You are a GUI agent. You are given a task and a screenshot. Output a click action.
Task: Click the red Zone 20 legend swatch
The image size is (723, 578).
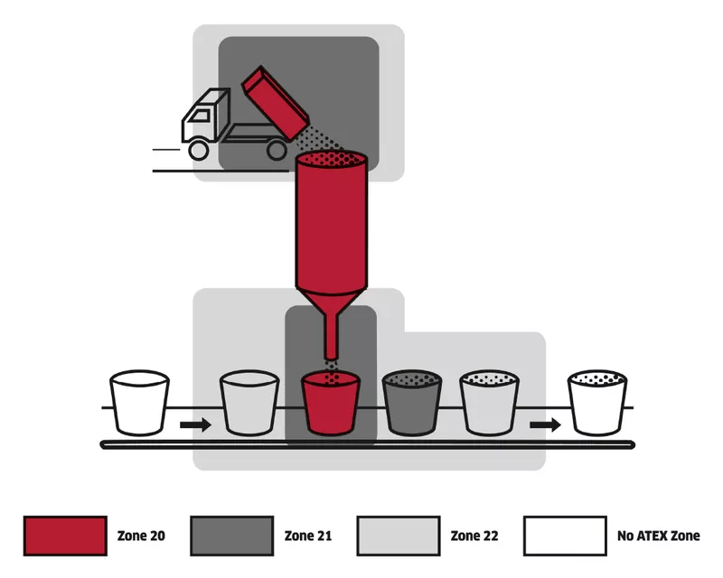(65, 536)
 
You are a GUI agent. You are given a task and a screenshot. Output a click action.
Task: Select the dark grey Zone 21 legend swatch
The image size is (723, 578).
(232, 536)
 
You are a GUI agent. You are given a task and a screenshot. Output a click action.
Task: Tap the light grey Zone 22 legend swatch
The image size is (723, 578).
(399, 536)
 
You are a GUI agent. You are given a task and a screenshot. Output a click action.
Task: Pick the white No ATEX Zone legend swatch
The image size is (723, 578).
(566, 536)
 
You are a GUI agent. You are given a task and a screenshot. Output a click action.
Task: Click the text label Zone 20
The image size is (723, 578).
(141, 536)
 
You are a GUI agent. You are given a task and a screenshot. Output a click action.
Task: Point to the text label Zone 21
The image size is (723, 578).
(308, 536)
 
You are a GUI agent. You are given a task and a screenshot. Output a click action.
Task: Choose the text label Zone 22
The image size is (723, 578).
(474, 536)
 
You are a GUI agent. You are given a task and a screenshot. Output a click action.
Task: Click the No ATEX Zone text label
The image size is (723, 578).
(659, 536)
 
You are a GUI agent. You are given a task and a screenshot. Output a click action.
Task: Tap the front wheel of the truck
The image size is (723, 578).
(199, 150)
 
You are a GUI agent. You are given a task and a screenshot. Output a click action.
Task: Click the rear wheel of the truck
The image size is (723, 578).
(277, 150)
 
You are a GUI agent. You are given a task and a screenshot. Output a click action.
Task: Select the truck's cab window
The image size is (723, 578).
(200, 116)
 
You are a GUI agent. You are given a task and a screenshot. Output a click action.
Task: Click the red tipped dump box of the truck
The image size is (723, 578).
(276, 103)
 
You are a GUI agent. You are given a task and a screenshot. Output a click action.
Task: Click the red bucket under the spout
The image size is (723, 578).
(330, 403)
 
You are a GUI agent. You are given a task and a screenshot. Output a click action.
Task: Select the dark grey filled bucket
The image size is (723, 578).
(412, 403)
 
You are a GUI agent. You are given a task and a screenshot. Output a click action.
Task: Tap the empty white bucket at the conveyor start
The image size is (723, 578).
(140, 403)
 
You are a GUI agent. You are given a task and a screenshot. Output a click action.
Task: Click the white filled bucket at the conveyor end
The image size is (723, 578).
(597, 403)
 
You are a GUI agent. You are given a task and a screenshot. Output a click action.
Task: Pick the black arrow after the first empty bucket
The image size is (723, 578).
(195, 424)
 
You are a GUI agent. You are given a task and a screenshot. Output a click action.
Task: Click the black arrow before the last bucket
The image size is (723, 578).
(545, 424)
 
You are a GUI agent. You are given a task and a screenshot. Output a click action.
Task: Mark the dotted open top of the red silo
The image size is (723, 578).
(331, 159)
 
